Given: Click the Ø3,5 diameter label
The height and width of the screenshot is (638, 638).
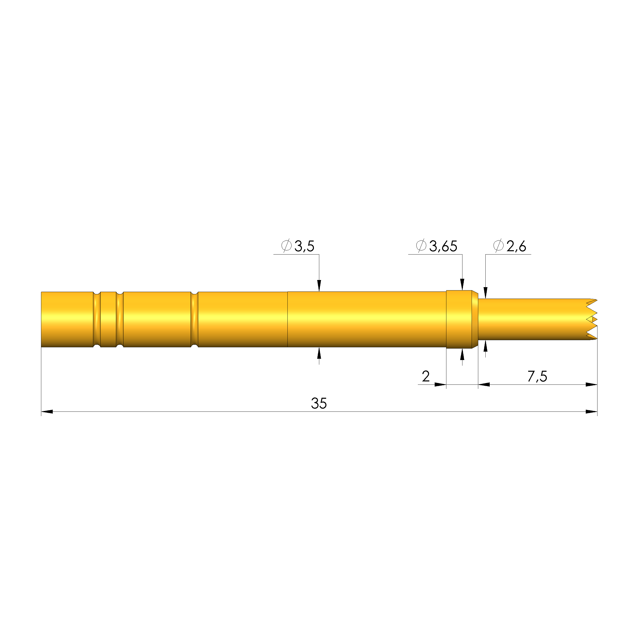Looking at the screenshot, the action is pyautogui.click(x=298, y=246).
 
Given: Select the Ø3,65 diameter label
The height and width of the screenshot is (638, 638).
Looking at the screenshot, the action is pyautogui.click(x=436, y=246).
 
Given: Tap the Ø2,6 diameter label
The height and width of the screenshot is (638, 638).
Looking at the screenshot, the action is pyautogui.click(x=510, y=246).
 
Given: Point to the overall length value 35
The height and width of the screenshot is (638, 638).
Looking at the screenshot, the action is pyautogui.click(x=319, y=404).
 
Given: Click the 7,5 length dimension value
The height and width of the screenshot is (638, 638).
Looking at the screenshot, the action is pyautogui.click(x=537, y=377).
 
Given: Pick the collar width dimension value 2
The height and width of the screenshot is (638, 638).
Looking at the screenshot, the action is pyautogui.click(x=426, y=376).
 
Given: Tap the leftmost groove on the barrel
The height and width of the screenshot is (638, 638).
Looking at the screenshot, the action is pyautogui.click(x=97, y=319).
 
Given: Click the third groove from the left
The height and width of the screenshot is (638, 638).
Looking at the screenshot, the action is pyautogui.click(x=194, y=319).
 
